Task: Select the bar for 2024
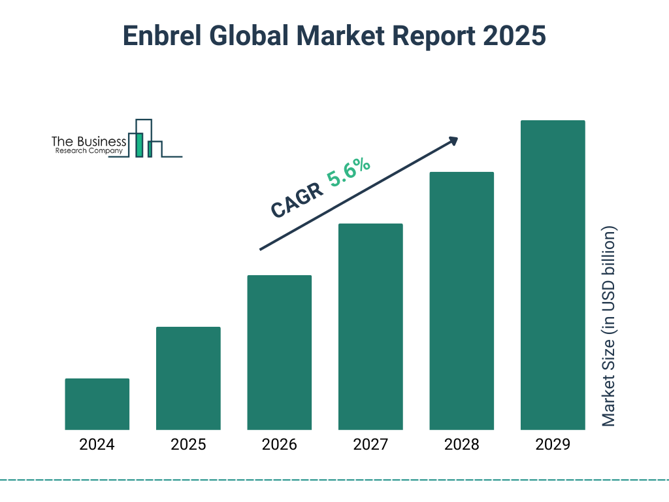tap(97, 404)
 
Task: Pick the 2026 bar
tap(280, 352)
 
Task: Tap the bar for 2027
tap(370, 326)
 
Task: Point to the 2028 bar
tap(461, 301)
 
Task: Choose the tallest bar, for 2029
tap(553, 275)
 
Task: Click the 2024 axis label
tap(97, 445)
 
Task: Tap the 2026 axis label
tap(280, 445)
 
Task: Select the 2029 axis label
tap(553, 445)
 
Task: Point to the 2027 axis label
tap(370, 445)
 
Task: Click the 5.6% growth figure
tap(349, 173)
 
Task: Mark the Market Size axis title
tap(609, 327)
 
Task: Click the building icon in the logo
tap(145, 139)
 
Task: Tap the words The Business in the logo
tap(89, 141)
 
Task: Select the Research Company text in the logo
tap(89, 152)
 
